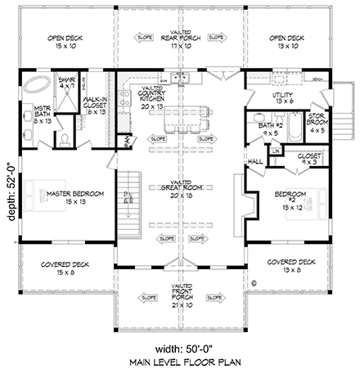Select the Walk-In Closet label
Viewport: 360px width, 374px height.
point(97,107)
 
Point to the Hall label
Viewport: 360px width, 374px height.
point(254,162)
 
